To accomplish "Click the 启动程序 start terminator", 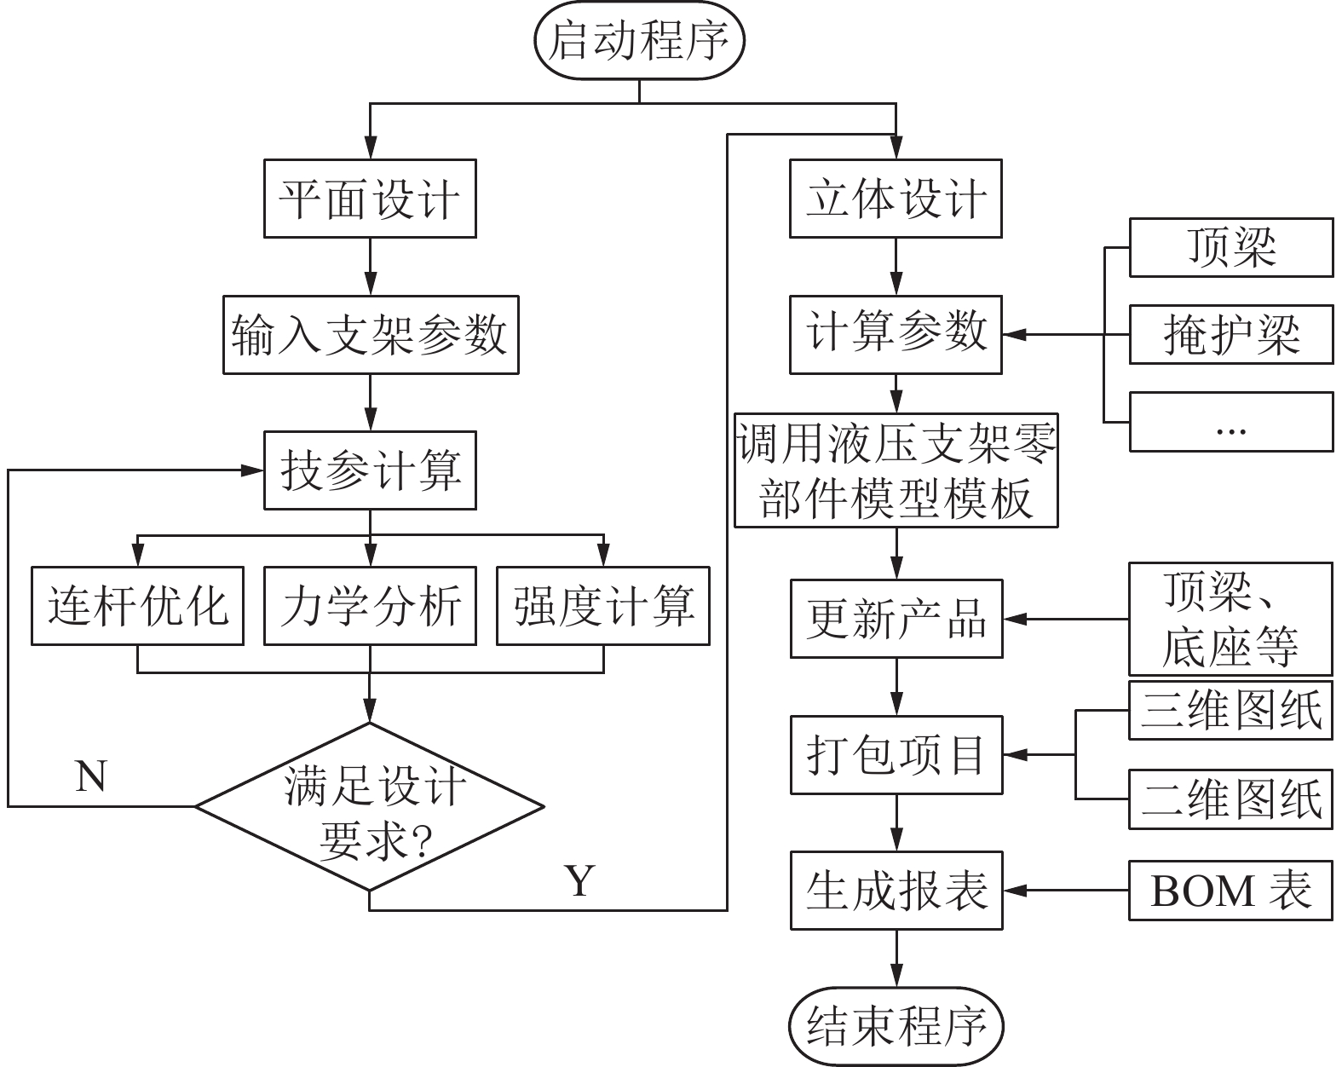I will (x=639, y=41).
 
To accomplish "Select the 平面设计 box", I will (x=370, y=199).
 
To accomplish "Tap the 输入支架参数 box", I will (x=370, y=334).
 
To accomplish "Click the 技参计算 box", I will (x=370, y=471).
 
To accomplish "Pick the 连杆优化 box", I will (x=137, y=606).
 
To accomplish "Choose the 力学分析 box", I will (x=370, y=606).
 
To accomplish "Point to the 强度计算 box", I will (x=603, y=606).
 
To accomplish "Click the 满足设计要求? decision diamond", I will (x=370, y=806).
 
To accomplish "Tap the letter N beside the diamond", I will (x=91, y=776).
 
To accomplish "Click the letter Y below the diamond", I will (x=580, y=880).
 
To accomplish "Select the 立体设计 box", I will (x=896, y=199).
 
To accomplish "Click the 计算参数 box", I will (x=896, y=334).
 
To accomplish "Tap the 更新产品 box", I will (x=896, y=619).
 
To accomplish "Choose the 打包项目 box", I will (x=896, y=755).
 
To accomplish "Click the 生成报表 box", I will (x=896, y=891).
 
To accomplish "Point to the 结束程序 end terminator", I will (x=896, y=1026).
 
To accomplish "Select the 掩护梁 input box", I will (x=1230, y=334).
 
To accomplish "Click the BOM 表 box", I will (x=1230, y=891).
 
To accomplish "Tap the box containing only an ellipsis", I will (x=1230, y=421).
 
